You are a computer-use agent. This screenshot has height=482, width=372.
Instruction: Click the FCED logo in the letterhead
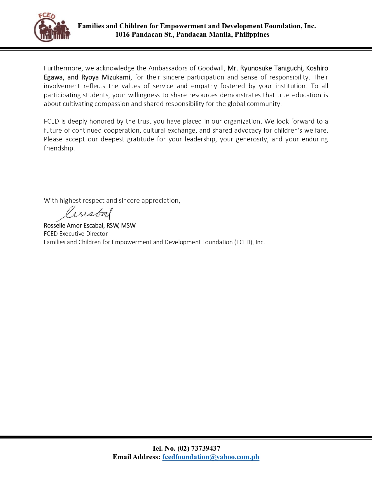[x=52, y=27]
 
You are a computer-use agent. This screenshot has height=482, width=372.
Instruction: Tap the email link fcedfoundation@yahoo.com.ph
[x=211, y=457]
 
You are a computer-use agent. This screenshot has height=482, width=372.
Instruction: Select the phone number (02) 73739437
[x=199, y=448]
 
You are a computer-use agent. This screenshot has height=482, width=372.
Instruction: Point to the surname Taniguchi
[x=288, y=68]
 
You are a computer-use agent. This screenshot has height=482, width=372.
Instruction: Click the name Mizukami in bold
[x=116, y=77]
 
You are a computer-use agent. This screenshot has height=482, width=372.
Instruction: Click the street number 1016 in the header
[x=122, y=35]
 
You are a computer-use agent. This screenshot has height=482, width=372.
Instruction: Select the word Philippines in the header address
[x=252, y=35]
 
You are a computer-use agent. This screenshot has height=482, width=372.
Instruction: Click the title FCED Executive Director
[x=76, y=234]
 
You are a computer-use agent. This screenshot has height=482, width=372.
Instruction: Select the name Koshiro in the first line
[x=317, y=68]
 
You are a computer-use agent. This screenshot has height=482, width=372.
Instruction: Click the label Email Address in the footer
[x=136, y=457]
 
